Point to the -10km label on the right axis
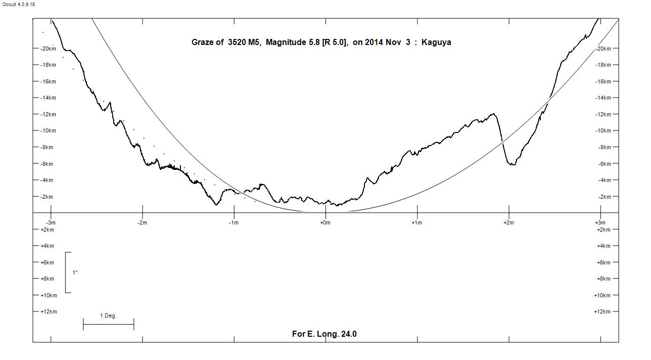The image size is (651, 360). (603, 131)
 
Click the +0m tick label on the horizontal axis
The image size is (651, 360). (325, 222)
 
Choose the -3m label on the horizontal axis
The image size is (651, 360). (51, 222)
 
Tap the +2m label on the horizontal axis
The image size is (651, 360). (508, 222)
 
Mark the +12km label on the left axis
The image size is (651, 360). (49, 311)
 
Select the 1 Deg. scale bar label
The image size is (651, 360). (108, 316)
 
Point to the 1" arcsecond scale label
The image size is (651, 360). (75, 273)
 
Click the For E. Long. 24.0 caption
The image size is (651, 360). (324, 334)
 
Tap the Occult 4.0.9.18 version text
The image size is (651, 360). (19, 5)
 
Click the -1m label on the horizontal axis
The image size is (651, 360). (234, 222)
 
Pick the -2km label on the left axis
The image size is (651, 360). (45, 197)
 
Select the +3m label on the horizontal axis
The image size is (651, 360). (600, 222)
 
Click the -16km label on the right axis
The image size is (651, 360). (603, 81)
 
